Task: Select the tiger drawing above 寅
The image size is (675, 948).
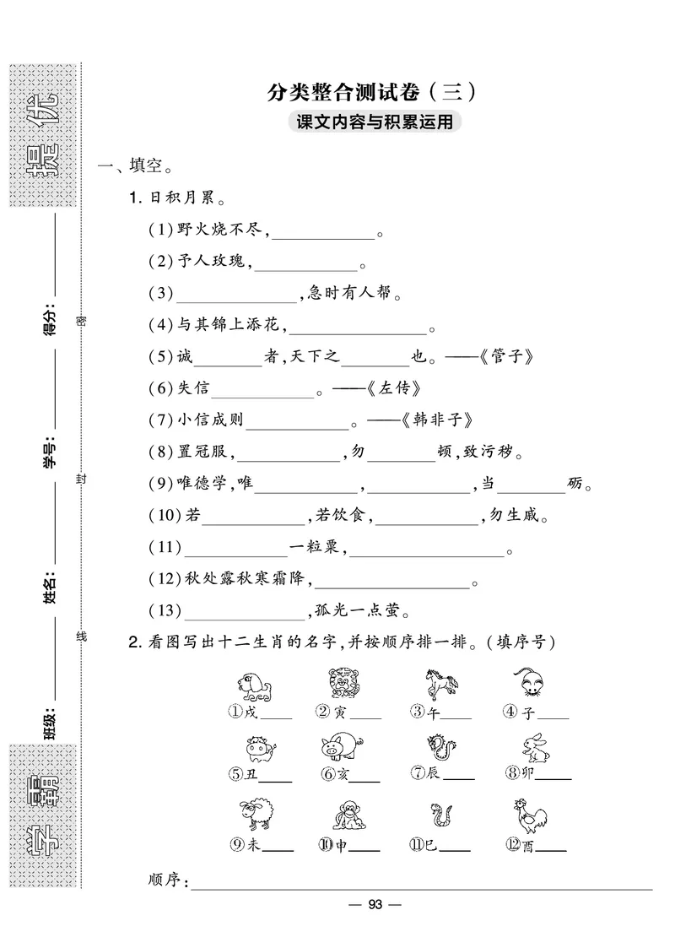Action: [x=343, y=683]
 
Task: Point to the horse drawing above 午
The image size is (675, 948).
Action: [x=439, y=683]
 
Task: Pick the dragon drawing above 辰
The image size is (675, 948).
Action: [x=439, y=747]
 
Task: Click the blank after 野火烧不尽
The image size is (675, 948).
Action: [x=323, y=230]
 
